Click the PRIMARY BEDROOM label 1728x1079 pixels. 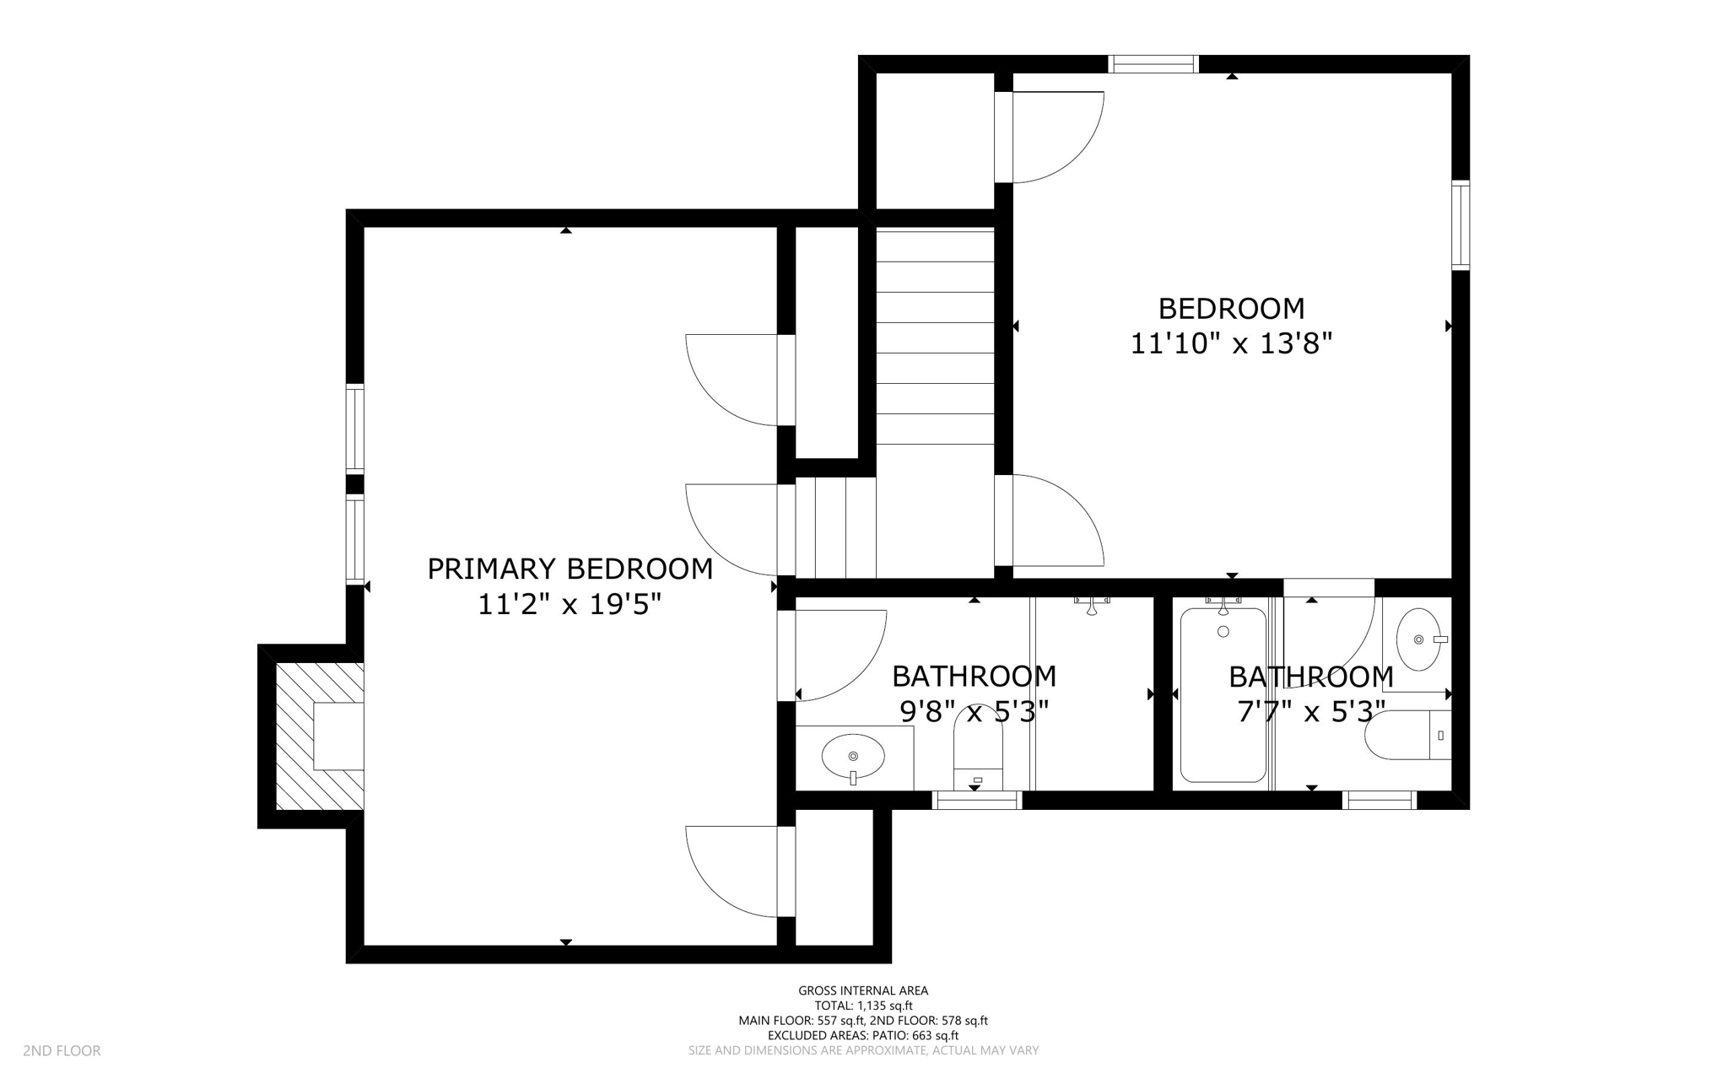(x=570, y=569)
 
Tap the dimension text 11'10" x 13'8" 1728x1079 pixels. (x=1230, y=344)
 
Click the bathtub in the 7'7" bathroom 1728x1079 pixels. (x=1223, y=695)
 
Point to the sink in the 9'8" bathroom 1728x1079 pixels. (x=853, y=755)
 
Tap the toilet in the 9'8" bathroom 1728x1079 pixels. (x=978, y=747)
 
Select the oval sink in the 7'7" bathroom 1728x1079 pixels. (x=1418, y=639)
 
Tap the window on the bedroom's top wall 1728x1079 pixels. (x=1153, y=64)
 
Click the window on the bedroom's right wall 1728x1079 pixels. (x=1461, y=225)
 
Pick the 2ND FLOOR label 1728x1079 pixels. (x=62, y=1050)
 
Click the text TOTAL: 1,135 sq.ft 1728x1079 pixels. (x=863, y=1006)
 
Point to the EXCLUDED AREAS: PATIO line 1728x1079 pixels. (x=863, y=1035)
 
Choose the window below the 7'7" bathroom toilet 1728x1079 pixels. (x=1380, y=800)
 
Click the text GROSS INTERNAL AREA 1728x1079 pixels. (x=863, y=990)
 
